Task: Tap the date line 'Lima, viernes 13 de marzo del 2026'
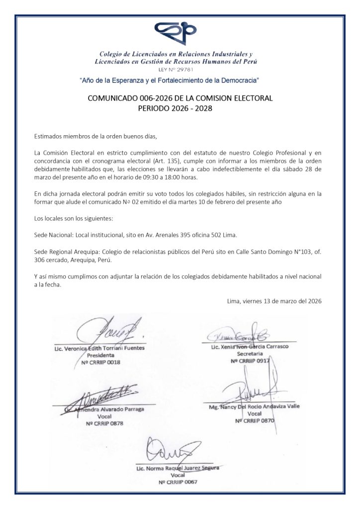click(x=274, y=301)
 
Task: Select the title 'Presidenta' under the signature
click(x=100, y=355)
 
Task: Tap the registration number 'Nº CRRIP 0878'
click(x=104, y=424)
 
